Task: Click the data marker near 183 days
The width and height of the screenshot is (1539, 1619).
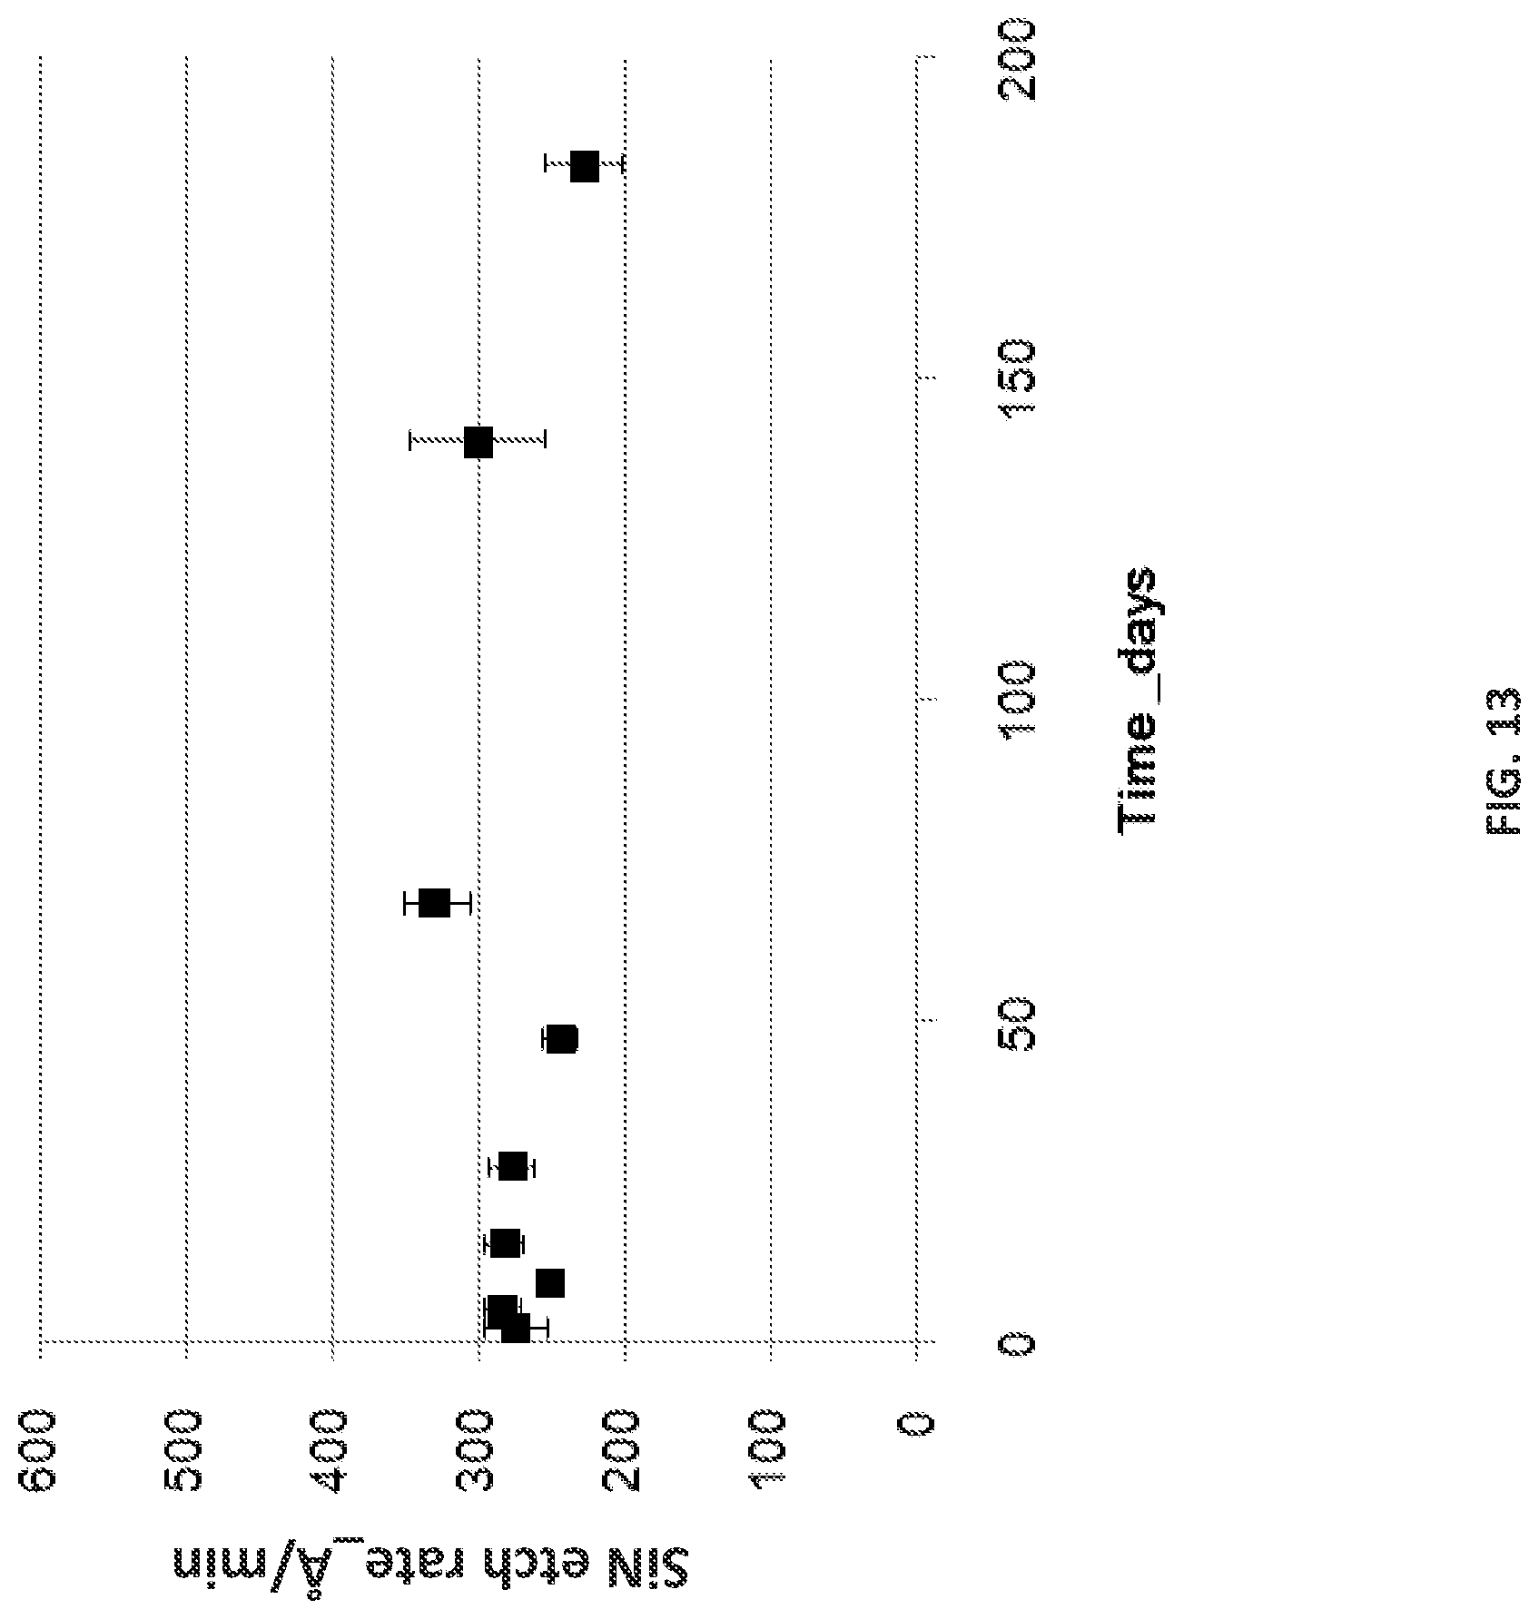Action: (x=585, y=167)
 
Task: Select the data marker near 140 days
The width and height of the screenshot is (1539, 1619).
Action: (x=478, y=443)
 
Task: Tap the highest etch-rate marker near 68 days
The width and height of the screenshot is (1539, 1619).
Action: (x=435, y=903)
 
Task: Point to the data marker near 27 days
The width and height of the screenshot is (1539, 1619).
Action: (x=513, y=1167)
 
